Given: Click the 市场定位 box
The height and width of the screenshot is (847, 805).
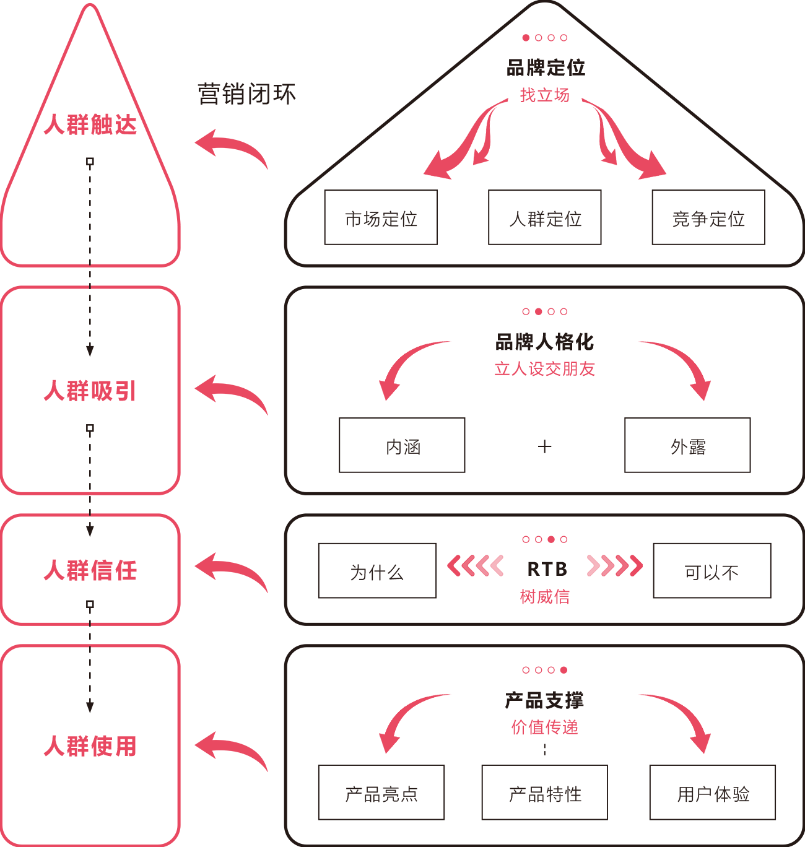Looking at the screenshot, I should tap(381, 217).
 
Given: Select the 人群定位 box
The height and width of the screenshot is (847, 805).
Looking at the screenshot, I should tap(545, 217).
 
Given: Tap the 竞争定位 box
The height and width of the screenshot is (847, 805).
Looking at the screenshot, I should tap(708, 217).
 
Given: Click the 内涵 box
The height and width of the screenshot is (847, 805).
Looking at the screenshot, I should tap(402, 445).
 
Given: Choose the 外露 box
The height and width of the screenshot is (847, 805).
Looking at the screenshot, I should tap(687, 445).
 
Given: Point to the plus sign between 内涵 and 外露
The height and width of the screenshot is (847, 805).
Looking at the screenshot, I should tap(545, 446).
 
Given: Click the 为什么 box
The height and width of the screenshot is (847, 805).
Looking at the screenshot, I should tap(377, 571).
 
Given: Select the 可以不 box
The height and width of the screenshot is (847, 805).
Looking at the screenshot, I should tap(711, 571).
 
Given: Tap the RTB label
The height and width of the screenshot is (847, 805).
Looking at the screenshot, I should tap(547, 569).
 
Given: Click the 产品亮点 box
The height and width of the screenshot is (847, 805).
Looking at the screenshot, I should tap(381, 793).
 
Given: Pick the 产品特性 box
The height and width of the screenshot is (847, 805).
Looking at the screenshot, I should tap(545, 793).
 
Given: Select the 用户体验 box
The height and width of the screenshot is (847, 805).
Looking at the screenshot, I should tap(713, 793).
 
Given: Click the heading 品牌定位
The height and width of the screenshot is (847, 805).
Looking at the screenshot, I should tap(546, 67).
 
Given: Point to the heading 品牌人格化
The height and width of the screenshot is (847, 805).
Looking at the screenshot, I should tap(545, 342).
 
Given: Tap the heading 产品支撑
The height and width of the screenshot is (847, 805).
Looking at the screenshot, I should tap(545, 700).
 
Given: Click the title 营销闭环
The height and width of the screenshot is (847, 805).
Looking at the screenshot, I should tap(246, 94).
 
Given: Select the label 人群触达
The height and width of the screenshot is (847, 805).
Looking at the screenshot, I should tap(90, 124).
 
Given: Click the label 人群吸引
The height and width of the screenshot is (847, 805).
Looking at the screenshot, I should tap(90, 391).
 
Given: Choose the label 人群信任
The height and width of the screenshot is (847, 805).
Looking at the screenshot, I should tap(90, 570).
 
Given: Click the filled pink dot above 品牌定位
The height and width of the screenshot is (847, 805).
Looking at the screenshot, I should tap(526, 38).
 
